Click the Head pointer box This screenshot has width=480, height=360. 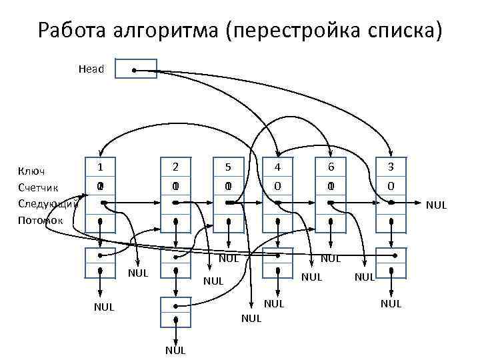(136, 69)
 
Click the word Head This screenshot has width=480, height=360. (91, 69)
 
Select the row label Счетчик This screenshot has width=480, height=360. (39, 188)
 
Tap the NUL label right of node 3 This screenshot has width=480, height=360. (436, 205)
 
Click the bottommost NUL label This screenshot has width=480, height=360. (175, 351)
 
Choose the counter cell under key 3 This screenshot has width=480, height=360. (391, 187)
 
